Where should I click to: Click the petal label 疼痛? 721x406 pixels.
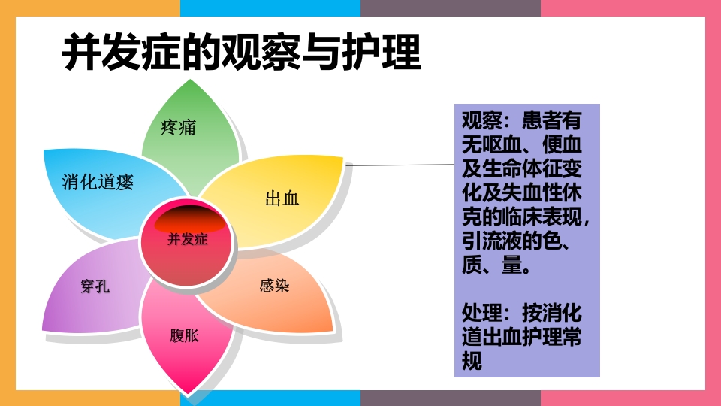pyautogui.click(x=178, y=128)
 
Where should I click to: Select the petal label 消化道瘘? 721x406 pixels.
pyautogui.click(x=98, y=181)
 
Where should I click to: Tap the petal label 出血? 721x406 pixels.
pyautogui.click(x=282, y=198)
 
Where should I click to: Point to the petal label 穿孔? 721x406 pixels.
pyautogui.click(x=95, y=286)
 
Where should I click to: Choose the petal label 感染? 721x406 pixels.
pyautogui.click(x=275, y=286)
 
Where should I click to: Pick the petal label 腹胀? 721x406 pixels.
pyautogui.click(x=184, y=335)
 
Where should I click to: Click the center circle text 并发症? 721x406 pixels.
pyautogui.click(x=188, y=240)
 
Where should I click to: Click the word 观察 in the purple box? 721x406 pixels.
pyautogui.click(x=478, y=120)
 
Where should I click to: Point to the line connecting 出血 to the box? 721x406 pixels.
pyautogui.click(x=398, y=165)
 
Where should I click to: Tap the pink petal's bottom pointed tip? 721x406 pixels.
pyautogui.click(x=189, y=392)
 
